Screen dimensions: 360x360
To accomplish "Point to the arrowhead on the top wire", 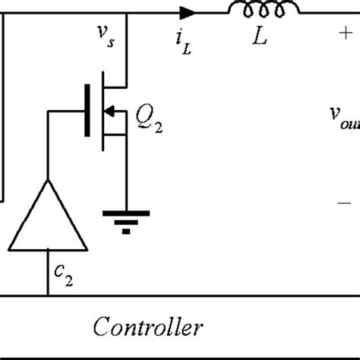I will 186,12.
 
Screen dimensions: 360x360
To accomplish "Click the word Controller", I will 148,327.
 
